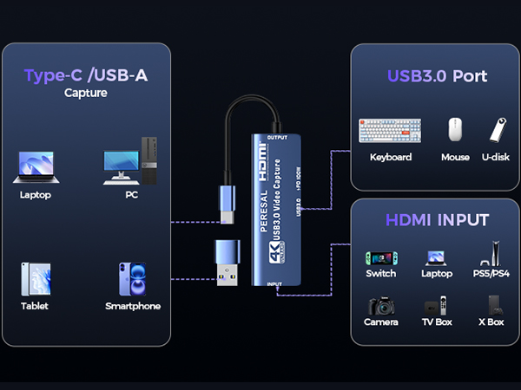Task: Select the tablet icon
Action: click(x=36, y=280)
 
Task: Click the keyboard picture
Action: click(x=390, y=131)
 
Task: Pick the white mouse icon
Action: click(x=455, y=131)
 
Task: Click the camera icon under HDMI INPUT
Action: click(x=380, y=307)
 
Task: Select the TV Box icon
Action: click(x=437, y=307)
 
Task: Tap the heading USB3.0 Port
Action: click(x=437, y=76)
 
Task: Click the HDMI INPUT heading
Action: click(x=437, y=220)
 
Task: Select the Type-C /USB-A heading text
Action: click(x=85, y=75)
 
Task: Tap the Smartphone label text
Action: click(x=133, y=306)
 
